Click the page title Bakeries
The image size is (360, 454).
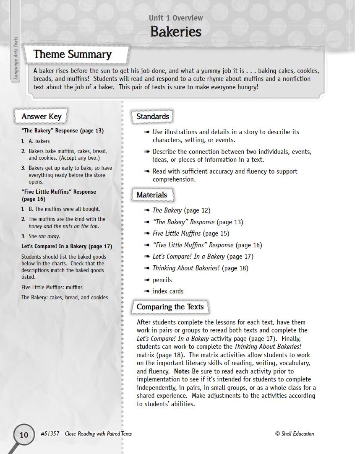175,31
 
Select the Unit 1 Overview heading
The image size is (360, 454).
175,18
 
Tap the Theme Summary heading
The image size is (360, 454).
72,54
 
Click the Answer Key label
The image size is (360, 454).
41,117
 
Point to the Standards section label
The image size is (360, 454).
152,117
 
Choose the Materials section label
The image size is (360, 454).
151,195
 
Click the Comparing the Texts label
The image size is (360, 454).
170,307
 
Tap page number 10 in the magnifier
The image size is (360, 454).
24,435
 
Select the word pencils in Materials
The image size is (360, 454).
162,280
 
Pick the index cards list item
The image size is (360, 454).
168,291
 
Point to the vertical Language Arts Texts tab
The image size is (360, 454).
16,59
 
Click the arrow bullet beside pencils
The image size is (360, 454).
146,280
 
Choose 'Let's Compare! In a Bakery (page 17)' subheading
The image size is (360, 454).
67,246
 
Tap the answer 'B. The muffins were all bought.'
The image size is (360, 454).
64,209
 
